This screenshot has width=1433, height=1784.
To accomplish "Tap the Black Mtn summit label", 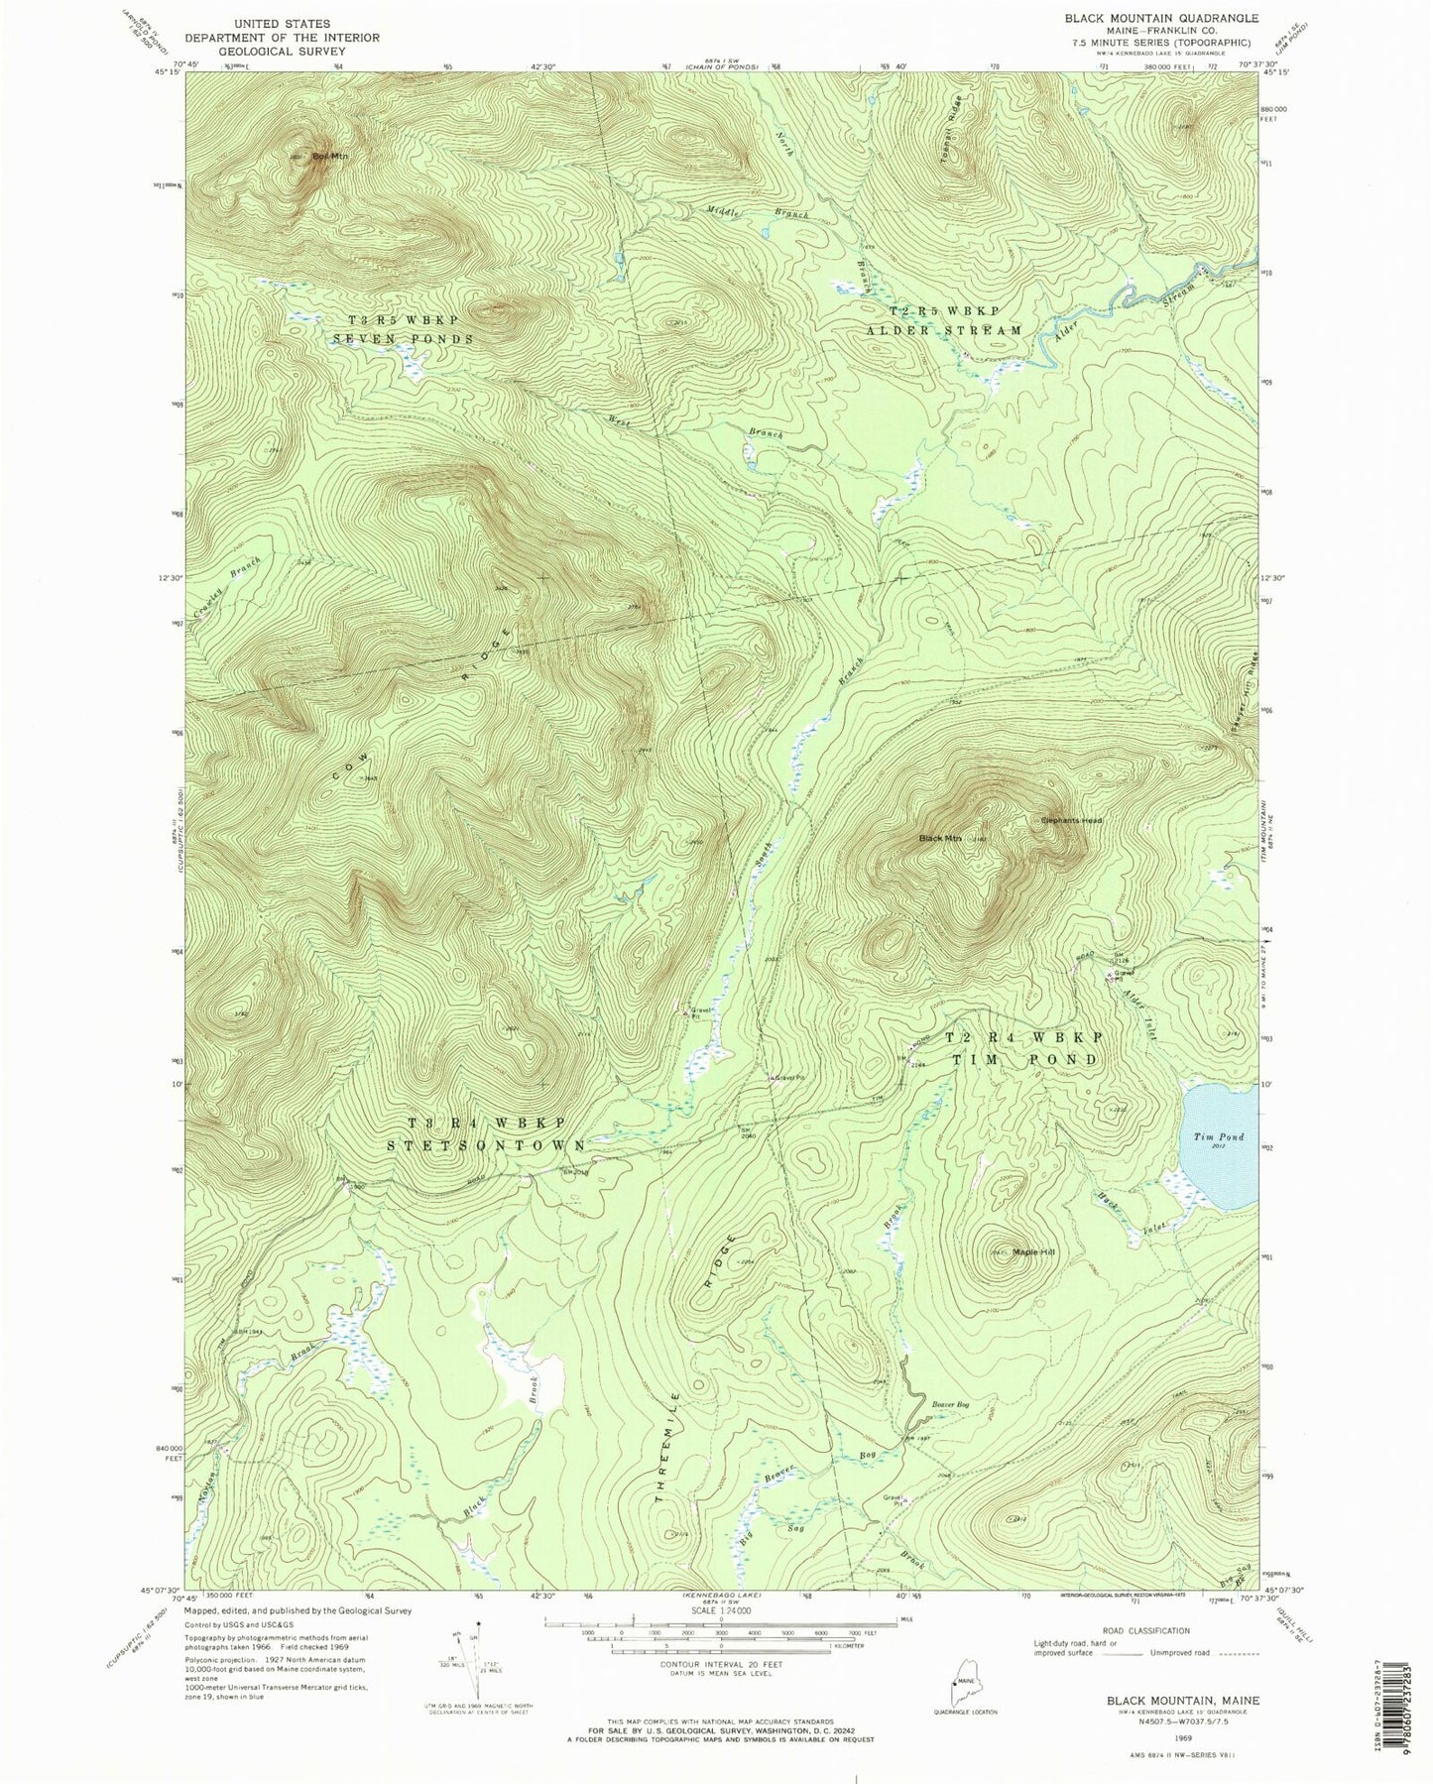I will coord(941,839).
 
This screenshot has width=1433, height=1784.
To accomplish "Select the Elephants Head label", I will coord(1071,820).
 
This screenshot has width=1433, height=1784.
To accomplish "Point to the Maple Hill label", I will coord(1033,1252).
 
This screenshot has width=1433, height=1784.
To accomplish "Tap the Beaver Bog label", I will coord(950,1403).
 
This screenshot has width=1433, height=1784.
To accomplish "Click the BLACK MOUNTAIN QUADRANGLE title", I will coord(1147,18).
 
